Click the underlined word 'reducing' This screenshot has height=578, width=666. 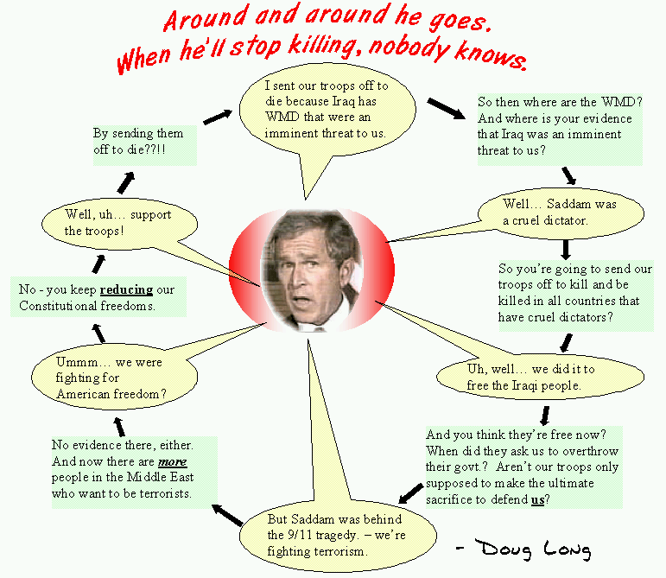(x=126, y=289)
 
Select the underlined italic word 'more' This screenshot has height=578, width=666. (x=173, y=461)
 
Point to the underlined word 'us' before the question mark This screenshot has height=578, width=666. (x=538, y=499)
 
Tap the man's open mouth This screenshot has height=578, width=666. (x=303, y=301)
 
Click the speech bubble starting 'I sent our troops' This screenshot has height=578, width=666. (x=327, y=110)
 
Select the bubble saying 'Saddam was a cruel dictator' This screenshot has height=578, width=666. (x=561, y=213)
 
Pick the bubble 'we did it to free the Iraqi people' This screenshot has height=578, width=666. (x=540, y=377)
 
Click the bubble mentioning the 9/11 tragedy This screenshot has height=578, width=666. (x=338, y=535)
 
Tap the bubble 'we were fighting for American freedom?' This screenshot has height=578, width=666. (x=114, y=378)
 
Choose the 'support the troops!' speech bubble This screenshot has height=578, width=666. (x=119, y=224)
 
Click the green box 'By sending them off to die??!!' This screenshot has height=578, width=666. (x=145, y=145)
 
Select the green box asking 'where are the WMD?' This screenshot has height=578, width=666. (x=560, y=130)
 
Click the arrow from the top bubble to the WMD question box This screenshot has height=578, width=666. (x=447, y=109)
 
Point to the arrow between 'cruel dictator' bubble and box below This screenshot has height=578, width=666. (x=565, y=250)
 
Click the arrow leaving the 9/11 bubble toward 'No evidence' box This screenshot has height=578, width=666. (x=228, y=515)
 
